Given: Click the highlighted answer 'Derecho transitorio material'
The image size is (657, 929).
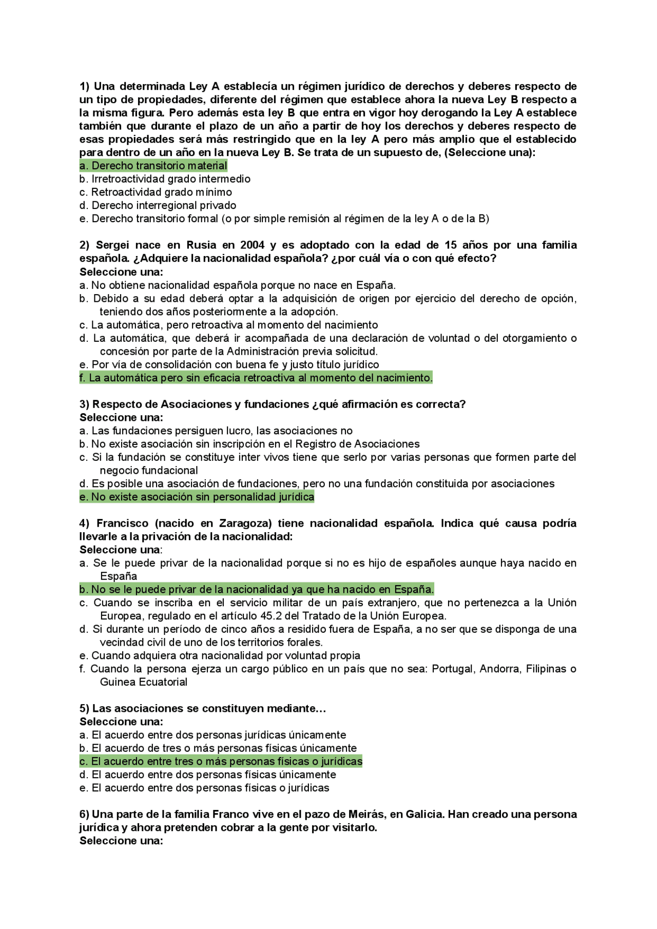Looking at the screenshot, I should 153,166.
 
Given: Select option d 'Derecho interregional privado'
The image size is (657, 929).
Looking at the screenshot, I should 158,205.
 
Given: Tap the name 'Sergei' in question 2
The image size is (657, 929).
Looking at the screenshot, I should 112,245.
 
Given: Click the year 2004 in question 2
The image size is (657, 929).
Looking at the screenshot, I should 253,245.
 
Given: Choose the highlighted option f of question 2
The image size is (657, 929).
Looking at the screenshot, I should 256,378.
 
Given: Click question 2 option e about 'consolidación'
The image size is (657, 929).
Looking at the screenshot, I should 229,364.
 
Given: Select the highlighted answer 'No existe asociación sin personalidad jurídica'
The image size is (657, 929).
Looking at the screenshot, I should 197,497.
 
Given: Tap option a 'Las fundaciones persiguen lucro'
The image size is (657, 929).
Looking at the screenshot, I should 216,431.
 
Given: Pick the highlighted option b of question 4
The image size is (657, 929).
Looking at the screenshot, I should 256,589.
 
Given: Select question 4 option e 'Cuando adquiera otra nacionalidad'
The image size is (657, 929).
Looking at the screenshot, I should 220,655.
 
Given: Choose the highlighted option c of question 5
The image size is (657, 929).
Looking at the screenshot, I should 221,761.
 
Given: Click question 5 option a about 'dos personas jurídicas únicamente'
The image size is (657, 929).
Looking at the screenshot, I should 212,735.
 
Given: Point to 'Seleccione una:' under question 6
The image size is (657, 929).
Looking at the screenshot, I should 121,841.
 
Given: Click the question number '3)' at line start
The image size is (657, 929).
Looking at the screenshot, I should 85,404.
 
